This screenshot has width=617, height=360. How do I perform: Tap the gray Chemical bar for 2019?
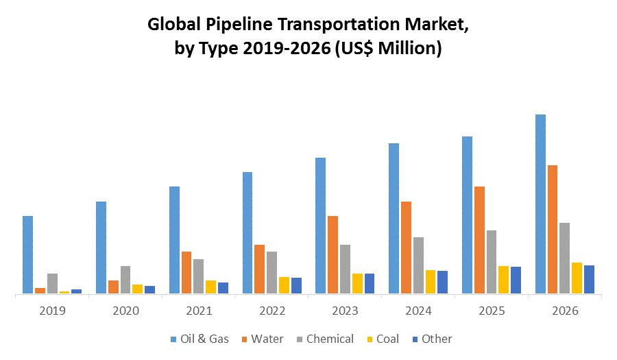[x=52, y=283]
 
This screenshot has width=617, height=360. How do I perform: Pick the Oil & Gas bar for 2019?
[x=27, y=254]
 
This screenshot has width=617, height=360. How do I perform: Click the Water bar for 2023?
[x=332, y=254]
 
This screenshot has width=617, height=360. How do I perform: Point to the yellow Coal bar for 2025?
[x=503, y=279]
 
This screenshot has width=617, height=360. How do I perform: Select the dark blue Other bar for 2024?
[x=442, y=282]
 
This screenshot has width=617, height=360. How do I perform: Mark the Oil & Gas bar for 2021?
[x=174, y=240]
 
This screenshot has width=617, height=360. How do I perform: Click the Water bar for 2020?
[x=113, y=287]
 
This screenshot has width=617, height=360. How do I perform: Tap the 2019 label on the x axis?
[x=52, y=311]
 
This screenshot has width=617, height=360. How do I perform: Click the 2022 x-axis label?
[x=272, y=311]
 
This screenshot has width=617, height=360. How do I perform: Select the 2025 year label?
[x=492, y=311]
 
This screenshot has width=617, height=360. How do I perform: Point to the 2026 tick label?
[x=565, y=311]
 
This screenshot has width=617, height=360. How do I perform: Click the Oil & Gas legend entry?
[x=199, y=339]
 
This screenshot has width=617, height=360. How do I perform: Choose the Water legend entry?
[x=261, y=339]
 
